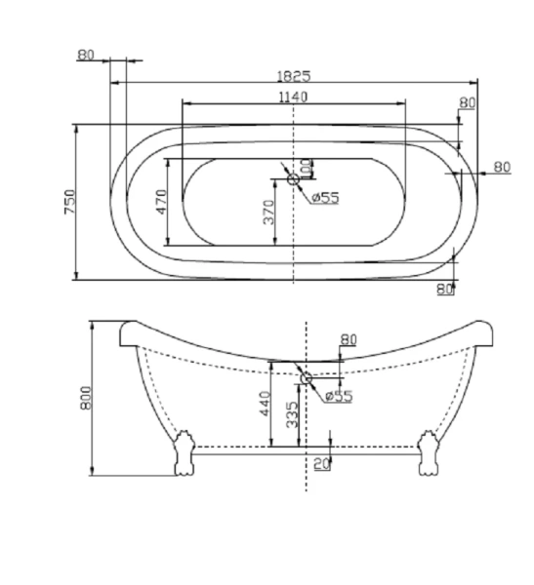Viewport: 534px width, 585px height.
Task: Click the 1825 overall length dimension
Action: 294,76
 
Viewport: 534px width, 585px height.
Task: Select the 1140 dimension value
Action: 293,97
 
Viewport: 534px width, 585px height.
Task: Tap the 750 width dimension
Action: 70,202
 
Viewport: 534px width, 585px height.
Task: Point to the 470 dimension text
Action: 161,202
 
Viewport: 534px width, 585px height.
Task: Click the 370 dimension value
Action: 268,213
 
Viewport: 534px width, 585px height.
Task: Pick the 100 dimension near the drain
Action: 307,169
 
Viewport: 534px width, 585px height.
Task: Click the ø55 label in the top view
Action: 325,197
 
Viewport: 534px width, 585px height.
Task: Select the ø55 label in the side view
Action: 339,396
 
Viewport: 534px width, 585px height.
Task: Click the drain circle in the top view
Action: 293,179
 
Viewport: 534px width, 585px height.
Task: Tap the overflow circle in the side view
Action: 307,378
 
